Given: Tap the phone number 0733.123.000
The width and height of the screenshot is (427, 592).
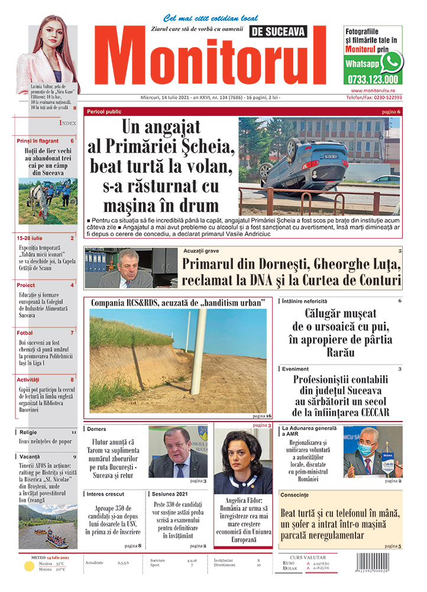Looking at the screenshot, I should [373, 79].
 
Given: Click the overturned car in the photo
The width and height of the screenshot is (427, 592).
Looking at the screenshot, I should [305, 168].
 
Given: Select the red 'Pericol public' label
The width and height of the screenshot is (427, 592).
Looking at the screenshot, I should [104, 111].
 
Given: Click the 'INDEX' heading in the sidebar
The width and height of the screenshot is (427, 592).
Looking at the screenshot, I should [67, 123].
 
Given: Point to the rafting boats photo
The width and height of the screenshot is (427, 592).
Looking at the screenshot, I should [47, 529].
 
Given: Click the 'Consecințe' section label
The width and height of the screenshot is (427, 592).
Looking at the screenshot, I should [295, 494].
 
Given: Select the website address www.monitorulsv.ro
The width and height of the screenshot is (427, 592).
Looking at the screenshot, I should [373, 89].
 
